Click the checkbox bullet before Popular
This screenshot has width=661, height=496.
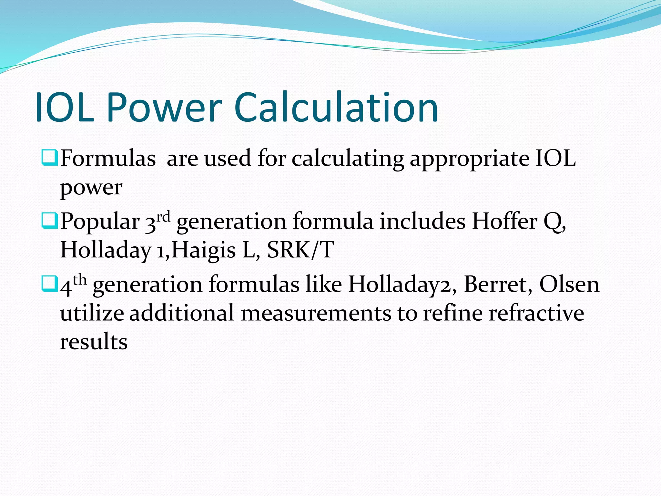[49, 221]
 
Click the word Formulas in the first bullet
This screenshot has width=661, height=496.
[108, 158]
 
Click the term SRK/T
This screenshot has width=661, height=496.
[300, 250]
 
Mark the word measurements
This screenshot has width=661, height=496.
[316, 313]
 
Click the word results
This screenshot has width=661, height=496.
[94, 342]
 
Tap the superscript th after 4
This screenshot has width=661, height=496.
[80, 280]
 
